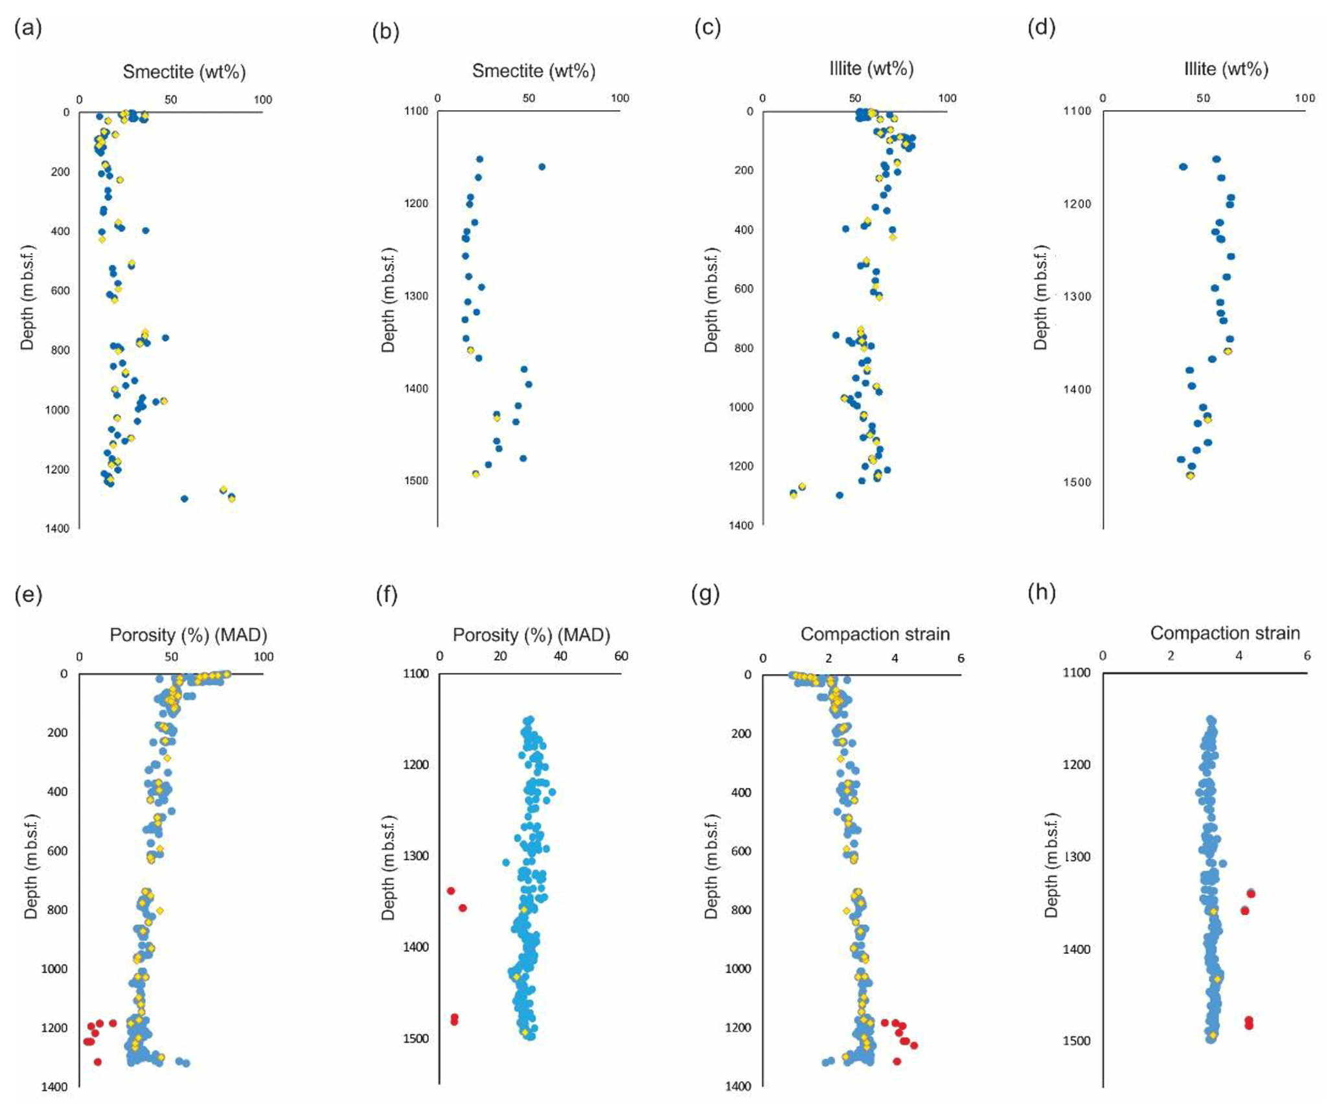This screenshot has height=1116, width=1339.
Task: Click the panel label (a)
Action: (x=28, y=28)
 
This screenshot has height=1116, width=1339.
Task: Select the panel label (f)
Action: (x=386, y=594)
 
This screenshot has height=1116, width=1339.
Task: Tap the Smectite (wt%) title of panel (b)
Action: (x=533, y=71)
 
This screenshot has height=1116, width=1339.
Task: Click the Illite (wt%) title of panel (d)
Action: (x=1226, y=69)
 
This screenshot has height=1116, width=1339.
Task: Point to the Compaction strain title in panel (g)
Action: (x=875, y=634)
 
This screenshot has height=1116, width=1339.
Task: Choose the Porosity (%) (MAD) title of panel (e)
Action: (x=188, y=634)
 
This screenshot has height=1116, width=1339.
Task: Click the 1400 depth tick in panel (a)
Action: (x=57, y=528)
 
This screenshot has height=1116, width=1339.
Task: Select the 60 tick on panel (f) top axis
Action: (x=621, y=656)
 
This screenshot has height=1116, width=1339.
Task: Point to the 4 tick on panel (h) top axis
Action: (x=1239, y=655)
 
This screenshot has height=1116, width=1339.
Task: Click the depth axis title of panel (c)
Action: (x=711, y=299)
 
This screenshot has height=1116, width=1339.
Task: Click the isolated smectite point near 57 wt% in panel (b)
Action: (x=542, y=167)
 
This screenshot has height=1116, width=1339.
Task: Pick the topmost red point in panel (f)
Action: (x=451, y=890)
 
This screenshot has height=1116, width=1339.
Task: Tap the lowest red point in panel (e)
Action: (x=98, y=1062)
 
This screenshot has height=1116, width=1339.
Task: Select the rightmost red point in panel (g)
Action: (x=913, y=1045)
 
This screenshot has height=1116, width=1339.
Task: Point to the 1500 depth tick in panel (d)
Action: (x=1077, y=482)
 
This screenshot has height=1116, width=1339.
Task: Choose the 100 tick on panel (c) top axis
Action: (x=947, y=98)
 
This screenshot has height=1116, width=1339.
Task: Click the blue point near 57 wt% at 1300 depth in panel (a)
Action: (x=184, y=498)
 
